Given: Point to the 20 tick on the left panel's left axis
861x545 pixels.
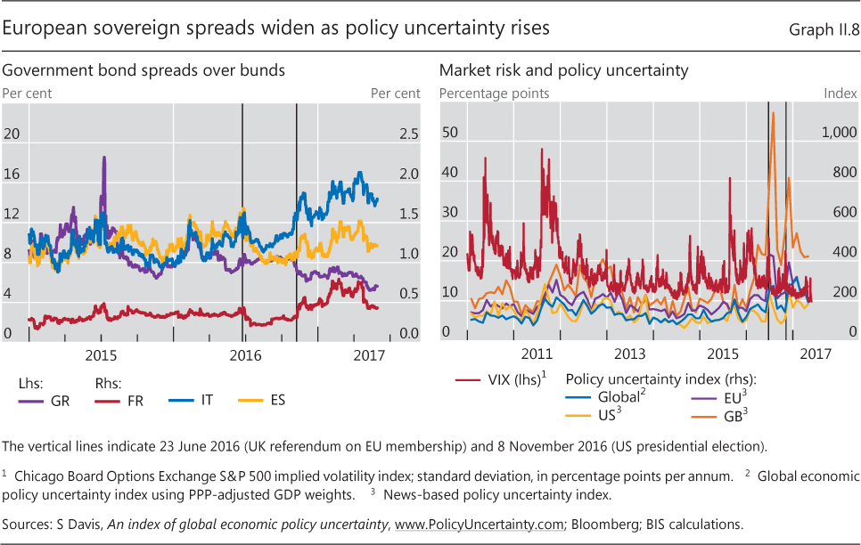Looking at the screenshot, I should (x=12, y=134).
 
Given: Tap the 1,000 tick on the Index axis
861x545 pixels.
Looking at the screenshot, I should (x=838, y=134).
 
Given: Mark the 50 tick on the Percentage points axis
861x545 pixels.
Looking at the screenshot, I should (x=449, y=134).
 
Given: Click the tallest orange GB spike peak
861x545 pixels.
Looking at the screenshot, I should (x=773, y=113).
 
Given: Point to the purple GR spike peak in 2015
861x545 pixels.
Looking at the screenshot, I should (x=104, y=158).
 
